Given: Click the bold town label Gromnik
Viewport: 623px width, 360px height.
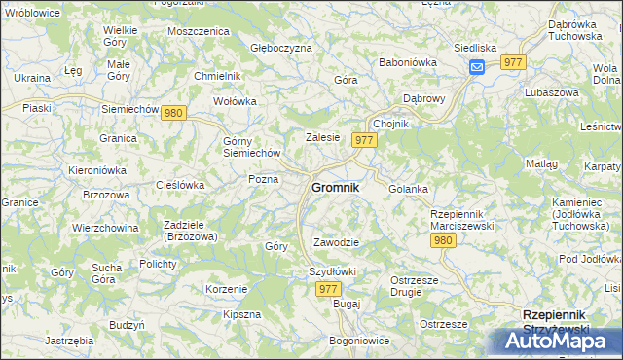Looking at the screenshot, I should (335, 188).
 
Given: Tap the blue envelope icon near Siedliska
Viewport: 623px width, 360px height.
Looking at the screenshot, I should (477, 66).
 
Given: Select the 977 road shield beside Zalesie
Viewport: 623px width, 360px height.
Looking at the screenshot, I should (365, 140).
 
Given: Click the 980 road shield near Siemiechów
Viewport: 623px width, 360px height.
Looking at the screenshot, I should (174, 113).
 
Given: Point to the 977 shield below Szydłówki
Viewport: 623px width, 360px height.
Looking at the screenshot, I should (329, 289).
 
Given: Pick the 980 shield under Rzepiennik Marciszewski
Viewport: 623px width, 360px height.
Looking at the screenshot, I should (444, 240).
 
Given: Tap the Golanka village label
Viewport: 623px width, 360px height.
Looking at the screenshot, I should (409, 189).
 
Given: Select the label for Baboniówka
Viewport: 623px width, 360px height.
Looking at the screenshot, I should (407, 62).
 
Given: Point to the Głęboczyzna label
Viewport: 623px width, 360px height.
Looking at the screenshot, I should (281, 47).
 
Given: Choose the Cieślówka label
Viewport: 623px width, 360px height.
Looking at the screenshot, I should (181, 184).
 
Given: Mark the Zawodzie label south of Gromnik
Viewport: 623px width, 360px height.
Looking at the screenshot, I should (337, 242).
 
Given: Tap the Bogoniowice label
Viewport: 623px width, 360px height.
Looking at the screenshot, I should (359, 341).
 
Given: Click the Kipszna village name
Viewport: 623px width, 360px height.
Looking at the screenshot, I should (241, 314).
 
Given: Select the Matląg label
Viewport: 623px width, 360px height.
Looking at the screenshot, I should (541, 164).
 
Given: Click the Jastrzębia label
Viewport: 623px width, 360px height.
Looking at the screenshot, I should (69, 341).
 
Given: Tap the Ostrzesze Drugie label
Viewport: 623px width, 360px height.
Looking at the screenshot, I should (418, 286).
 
